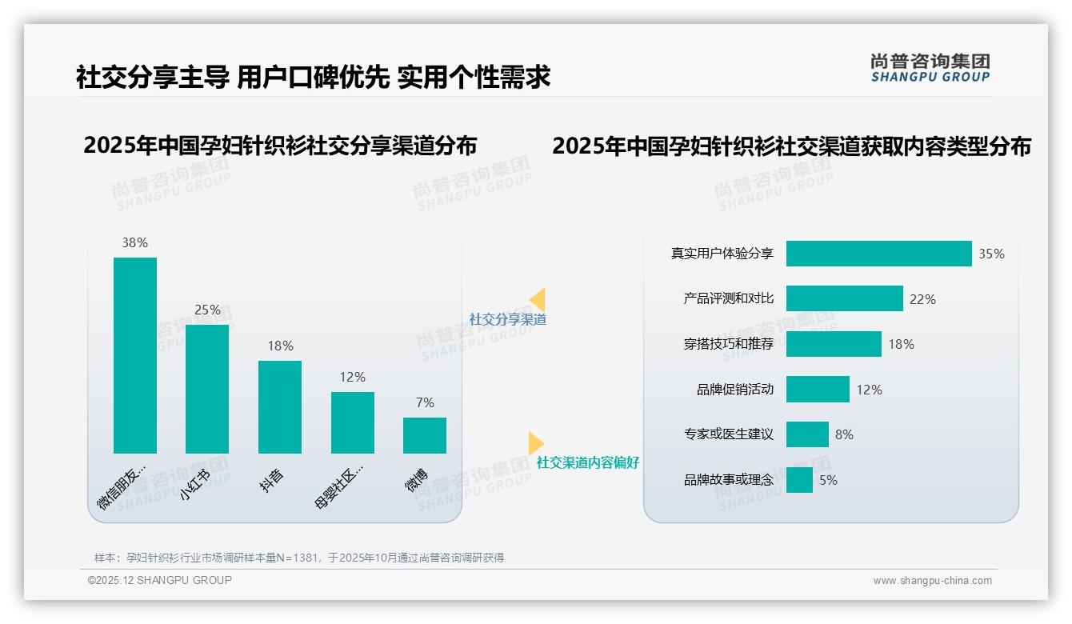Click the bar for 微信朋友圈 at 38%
click(134, 355)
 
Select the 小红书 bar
click(207, 389)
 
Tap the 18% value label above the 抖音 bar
click(280, 346)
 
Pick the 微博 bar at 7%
click(425, 435)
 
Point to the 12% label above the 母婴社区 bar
click(352, 377)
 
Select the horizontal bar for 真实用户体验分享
click(878, 254)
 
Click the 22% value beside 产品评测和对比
click(922, 299)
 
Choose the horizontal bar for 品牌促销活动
click(818, 390)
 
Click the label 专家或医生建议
click(728, 434)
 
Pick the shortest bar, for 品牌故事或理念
click(799, 480)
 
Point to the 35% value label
click(991, 254)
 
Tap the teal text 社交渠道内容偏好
click(587, 462)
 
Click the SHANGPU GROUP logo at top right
click(930, 68)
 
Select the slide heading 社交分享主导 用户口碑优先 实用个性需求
click(313, 78)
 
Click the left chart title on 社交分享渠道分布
click(280, 146)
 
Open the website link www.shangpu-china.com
click(932, 581)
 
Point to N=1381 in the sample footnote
click(299, 558)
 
